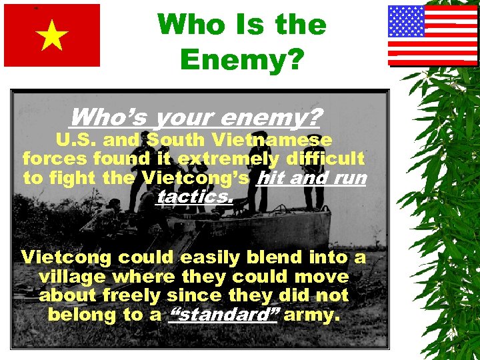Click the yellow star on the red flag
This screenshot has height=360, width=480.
pos(52,36)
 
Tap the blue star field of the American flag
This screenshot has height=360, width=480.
pos(407,21)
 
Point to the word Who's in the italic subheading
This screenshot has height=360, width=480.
pos(109,117)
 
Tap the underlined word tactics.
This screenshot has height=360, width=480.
pos(195,197)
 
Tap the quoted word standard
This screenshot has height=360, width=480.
pos(223,315)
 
